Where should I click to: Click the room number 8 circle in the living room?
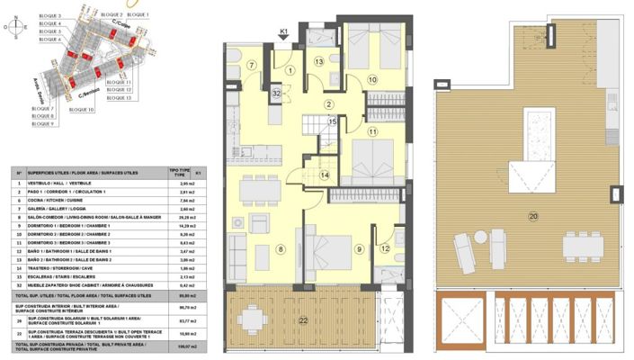280,249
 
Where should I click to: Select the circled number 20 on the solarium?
533,216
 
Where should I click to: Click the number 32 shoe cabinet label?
277,93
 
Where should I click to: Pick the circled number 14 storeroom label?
325,175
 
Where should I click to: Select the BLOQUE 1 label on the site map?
138,15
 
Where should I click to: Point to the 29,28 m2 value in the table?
189,217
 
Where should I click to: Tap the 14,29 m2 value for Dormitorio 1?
189,225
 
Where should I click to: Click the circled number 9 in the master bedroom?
359,249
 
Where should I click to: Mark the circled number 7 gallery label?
253,65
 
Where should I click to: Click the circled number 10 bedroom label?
372,80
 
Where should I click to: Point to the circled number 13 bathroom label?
319,61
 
